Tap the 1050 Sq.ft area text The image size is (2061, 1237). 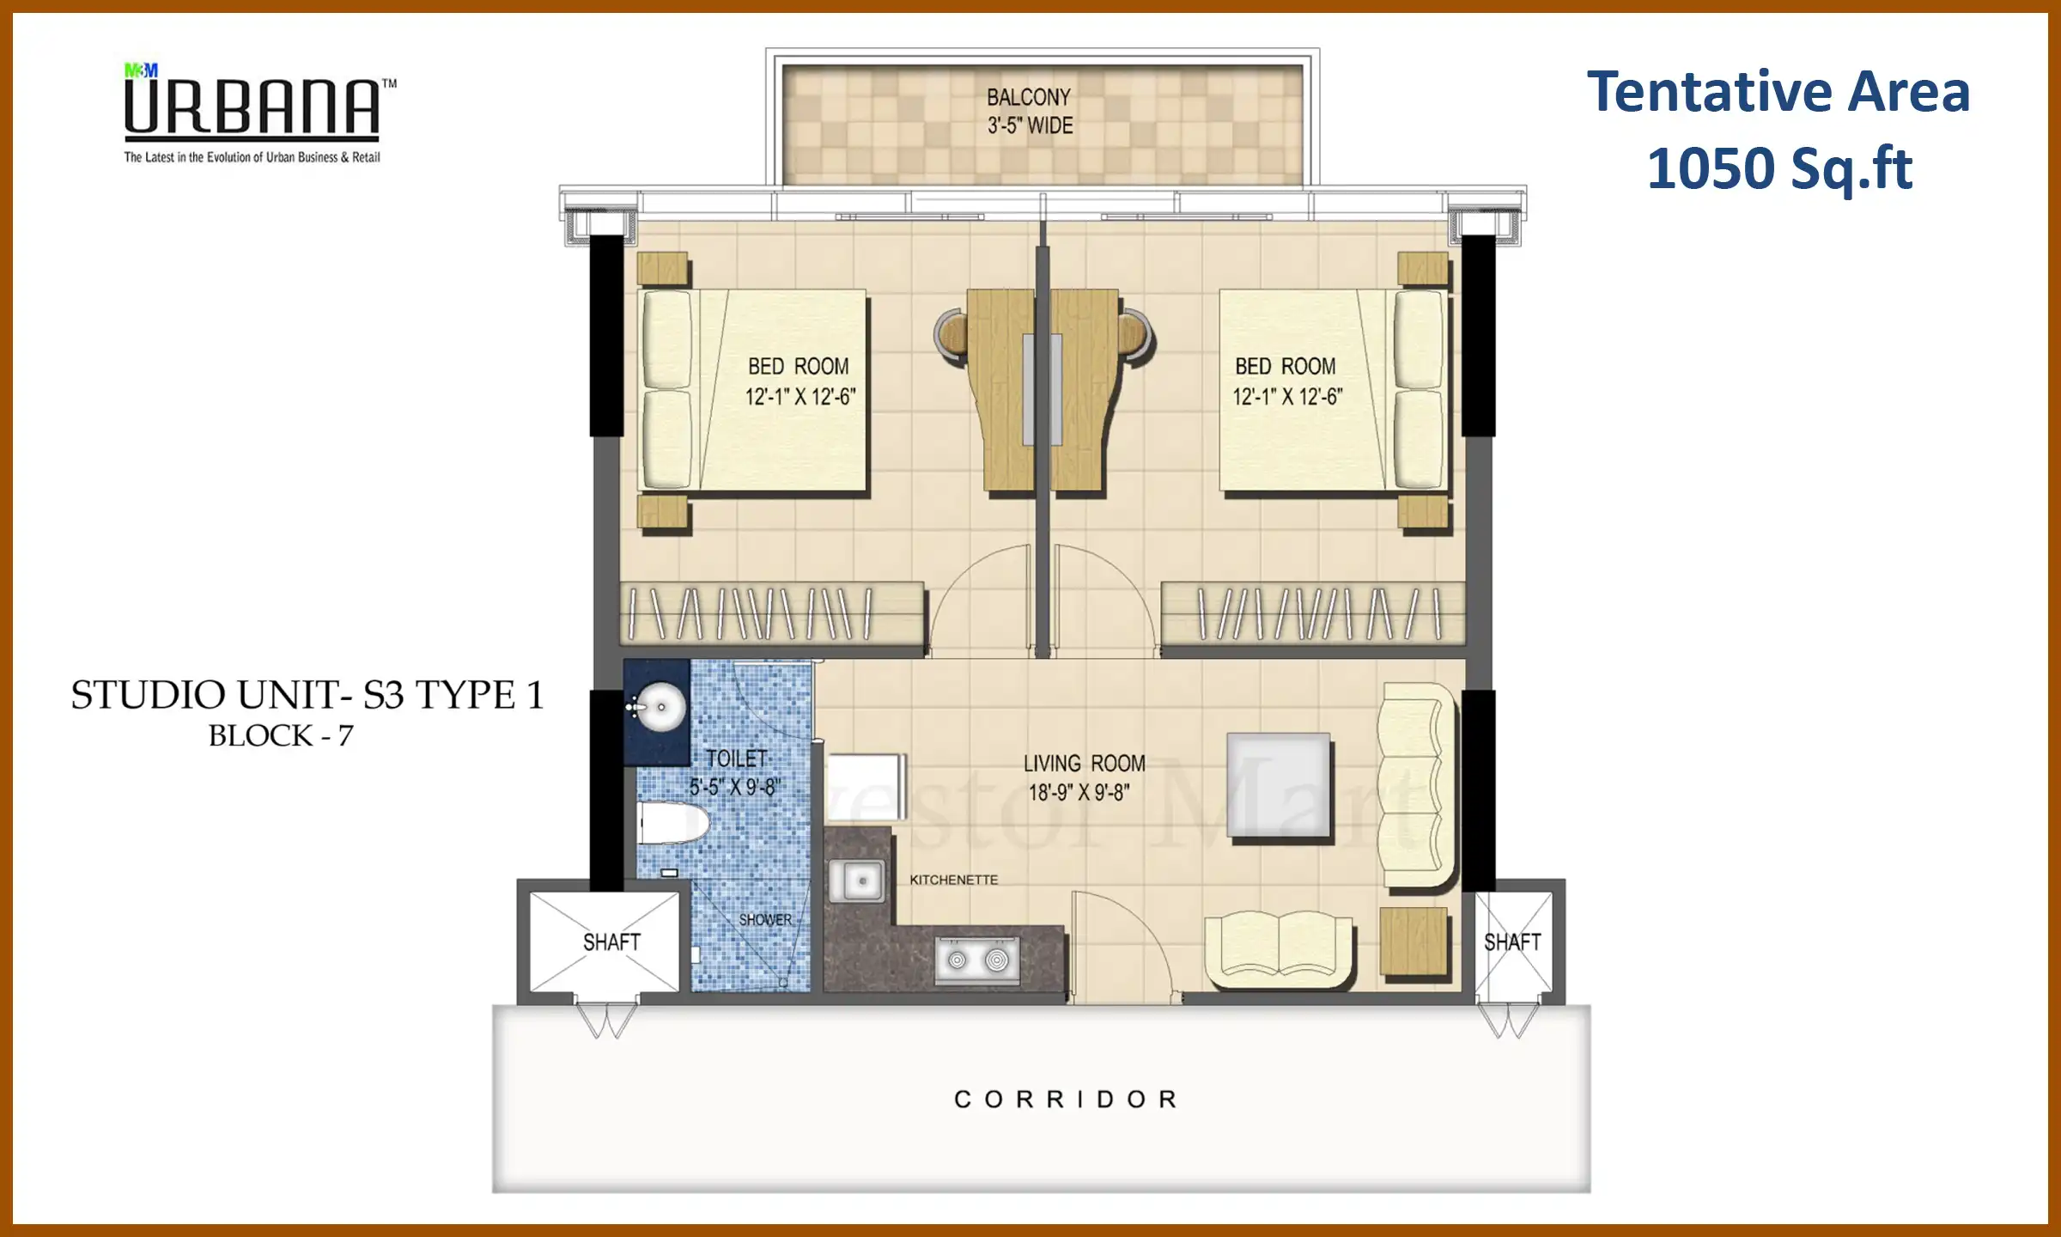tap(1779, 168)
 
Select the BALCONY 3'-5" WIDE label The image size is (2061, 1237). tap(1029, 111)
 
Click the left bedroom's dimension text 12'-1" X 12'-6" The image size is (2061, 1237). tap(799, 397)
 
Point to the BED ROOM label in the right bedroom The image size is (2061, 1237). tap(1285, 367)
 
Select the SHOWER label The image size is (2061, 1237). tap(765, 920)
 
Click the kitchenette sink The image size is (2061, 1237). tap(857, 881)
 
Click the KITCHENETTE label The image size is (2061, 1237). tap(953, 881)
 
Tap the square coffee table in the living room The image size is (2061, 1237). tap(1279, 785)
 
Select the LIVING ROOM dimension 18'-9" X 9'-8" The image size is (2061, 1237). tap(1079, 792)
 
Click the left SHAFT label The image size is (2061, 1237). tap(611, 942)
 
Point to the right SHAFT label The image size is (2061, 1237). tap(1512, 942)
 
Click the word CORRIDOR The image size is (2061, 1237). tap(1067, 1100)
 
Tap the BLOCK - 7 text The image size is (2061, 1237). tap(281, 736)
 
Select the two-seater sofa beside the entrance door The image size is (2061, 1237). tap(1279, 948)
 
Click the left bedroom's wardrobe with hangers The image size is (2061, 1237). tap(771, 613)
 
